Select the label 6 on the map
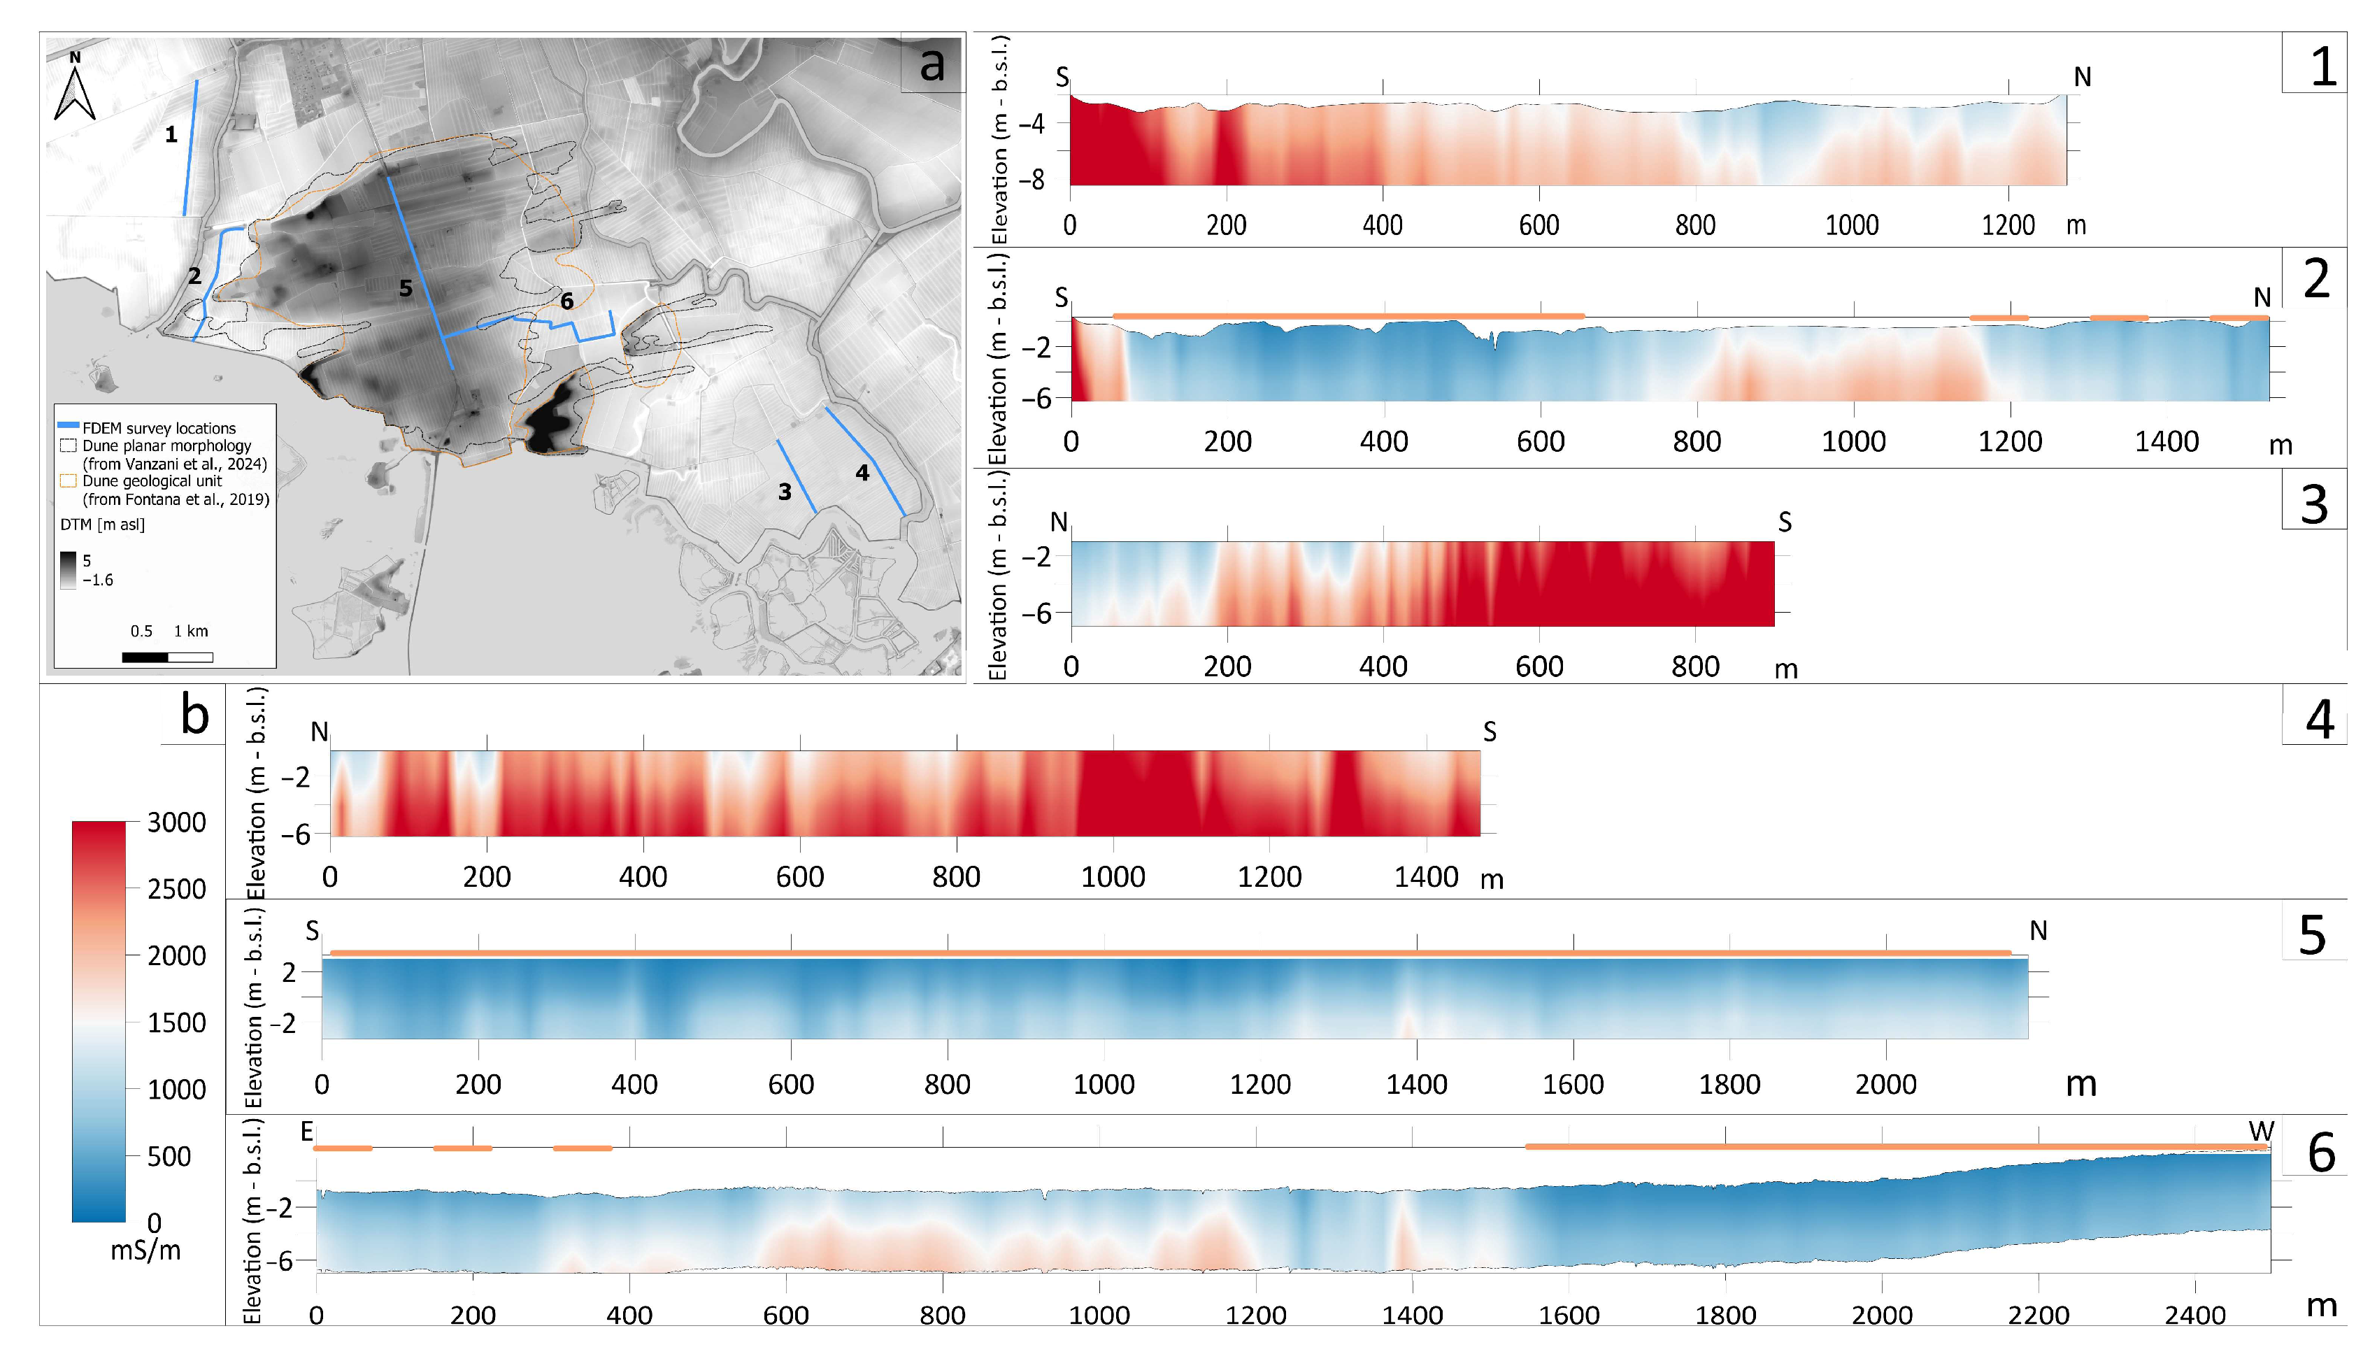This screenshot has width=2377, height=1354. pyautogui.click(x=566, y=300)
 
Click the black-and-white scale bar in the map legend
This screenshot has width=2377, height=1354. pyautogui.click(x=167, y=657)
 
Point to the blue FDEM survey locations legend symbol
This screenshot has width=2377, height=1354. pyautogui.click(x=68, y=423)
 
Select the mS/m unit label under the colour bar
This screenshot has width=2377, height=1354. pyautogui.click(x=146, y=1250)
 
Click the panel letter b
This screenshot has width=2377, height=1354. pyautogui.click(x=194, y=715)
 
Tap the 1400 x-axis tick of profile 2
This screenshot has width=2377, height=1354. pyautogui.click(x=2167, y=442)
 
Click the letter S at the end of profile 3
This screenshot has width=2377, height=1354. pyautogui.click(x=1784, y=522)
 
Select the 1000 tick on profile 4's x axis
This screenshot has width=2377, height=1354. pyautogui.click(x=1113, y=877)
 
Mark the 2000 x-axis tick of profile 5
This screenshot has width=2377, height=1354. pyautogui.click(x=1886, y=1084)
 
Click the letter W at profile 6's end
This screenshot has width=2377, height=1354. pyautogui.click(x=2261, y=1132)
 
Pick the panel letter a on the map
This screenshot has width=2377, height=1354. pyautogui.click(x=931, y=64)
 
